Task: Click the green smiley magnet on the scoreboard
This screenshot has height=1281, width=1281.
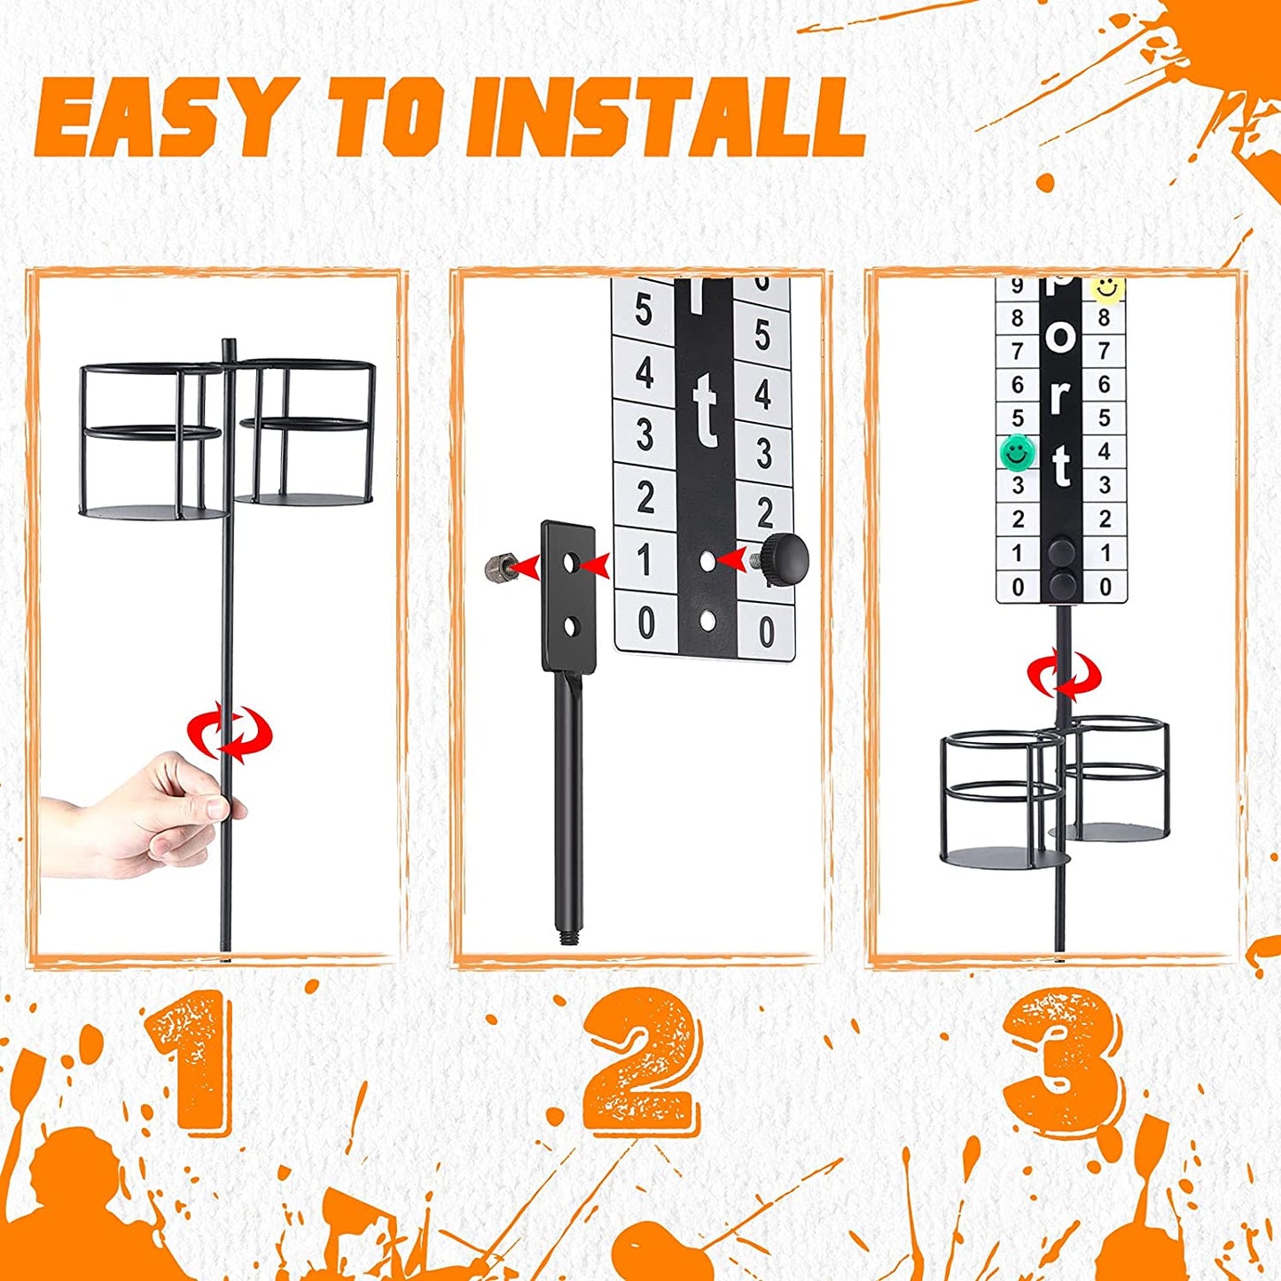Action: pyautogui.click(x=1017, y=452)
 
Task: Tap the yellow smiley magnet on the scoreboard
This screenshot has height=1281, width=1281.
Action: pyautogui.click(x=1106, y=289)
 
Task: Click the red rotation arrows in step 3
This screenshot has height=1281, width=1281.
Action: pyautogui.click(x=1065, y=676)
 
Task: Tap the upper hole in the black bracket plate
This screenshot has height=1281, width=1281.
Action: pyautogui.click(x=570, y=564)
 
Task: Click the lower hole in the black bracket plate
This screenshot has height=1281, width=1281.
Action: pyautogui.click(x=570, y=627)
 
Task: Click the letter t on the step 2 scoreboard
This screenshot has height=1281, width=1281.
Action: pyautogui.click(x=706, y=417)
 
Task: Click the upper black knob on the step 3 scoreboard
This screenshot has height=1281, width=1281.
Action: pyautogui.click(x=1062, y=551)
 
